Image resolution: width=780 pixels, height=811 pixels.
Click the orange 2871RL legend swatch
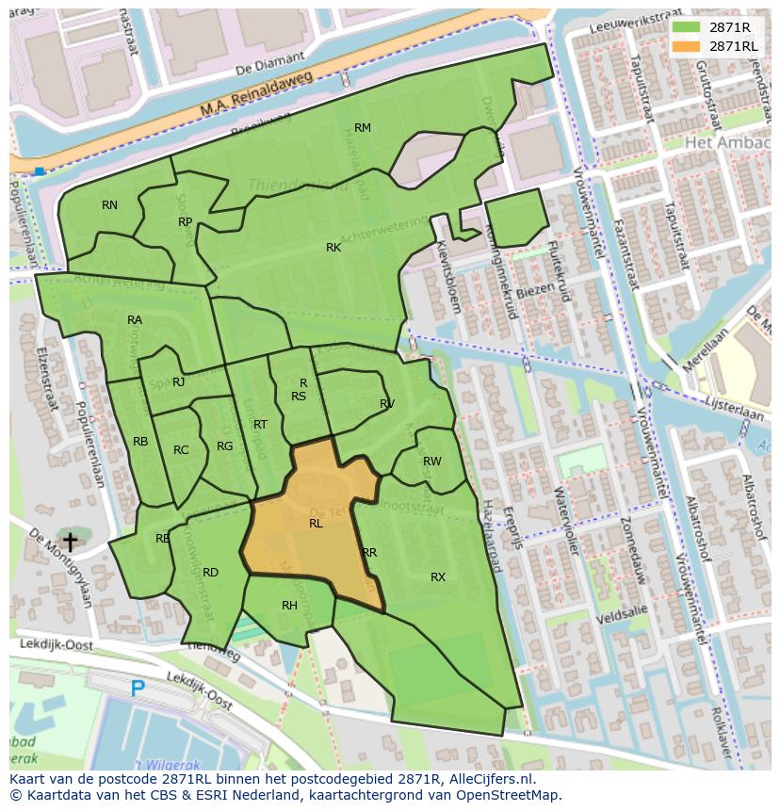coord(686,46)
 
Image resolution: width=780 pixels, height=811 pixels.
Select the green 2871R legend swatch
coord(686,27)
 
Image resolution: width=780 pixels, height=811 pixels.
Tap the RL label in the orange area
coord(316,524)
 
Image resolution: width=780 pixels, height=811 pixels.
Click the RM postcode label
coord(363,128)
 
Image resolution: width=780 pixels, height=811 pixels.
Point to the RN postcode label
coord(110,205)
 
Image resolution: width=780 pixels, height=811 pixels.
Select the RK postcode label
coord(333,248)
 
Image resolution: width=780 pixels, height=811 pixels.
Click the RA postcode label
coord(135,320)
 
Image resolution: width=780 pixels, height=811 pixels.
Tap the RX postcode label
coord(438,577)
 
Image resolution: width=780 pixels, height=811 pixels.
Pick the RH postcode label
coord(289,606)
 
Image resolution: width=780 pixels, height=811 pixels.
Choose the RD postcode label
coord(210,573)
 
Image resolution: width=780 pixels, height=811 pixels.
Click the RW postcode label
coord(432,462)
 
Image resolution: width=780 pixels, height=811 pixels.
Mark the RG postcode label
coord(224,446)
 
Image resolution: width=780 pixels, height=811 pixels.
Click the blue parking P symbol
coord(138,689)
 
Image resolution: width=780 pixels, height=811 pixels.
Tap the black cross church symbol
coord(69,542)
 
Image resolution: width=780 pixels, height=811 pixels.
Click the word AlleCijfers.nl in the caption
coord(490,780)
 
